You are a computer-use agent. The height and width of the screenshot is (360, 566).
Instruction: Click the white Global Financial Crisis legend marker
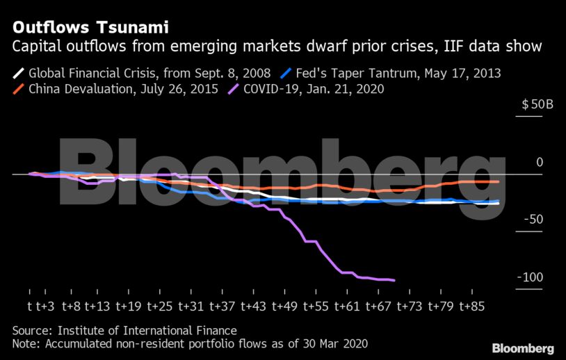click(18, 72)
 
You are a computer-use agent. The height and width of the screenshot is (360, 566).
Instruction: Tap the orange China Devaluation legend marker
click(18, 89)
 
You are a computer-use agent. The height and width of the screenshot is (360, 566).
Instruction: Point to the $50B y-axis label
click(537, 106)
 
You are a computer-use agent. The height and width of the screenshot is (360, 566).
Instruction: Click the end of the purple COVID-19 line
click(394, 280)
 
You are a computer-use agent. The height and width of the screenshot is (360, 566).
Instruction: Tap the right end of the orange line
click(498, 181)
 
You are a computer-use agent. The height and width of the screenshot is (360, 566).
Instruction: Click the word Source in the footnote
click(32, 331)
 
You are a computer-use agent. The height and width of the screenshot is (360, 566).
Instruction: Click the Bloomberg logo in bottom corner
click(523, 348)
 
